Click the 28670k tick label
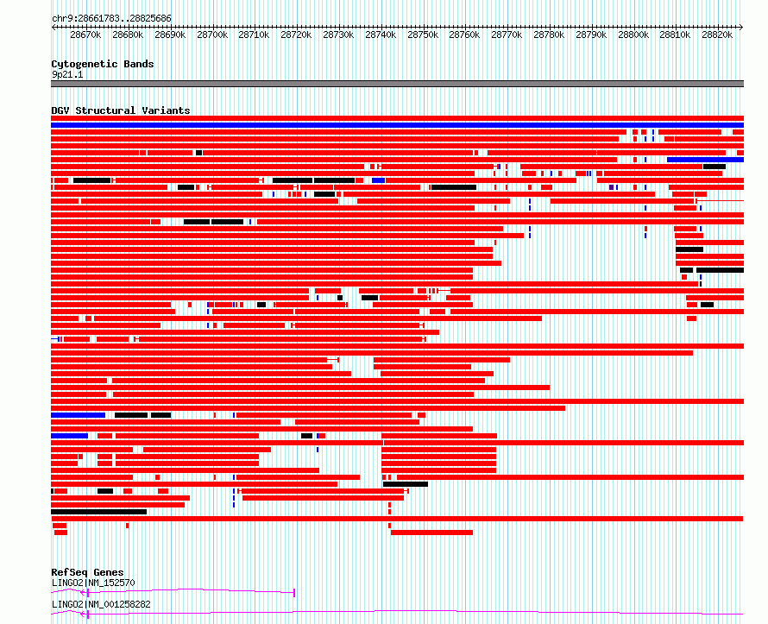pos(85,35)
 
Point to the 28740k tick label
pos(381,35)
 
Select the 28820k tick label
pos(717,35)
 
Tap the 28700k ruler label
pos(212,35)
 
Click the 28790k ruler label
pos(591,35)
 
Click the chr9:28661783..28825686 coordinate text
pos(111,19)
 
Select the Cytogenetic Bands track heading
pos(103,64)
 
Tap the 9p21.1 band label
pos(67,74)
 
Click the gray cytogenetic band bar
pos(397,84)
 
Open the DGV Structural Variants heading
pos(121,110)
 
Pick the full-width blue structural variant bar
pos(397,125)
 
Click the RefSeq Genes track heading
pos(87,572)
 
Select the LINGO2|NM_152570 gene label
pos(93,583)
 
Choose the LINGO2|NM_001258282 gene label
pos(101,604)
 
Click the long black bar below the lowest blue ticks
pos(99,512)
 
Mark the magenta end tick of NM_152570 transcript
pos(294,593)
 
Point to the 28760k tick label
pos(464,35)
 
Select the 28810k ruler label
pos(675,35)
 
